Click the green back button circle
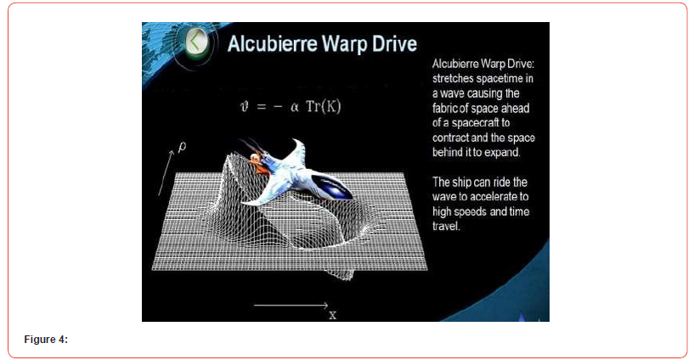[x=196, y=42]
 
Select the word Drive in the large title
[x=394, y=44]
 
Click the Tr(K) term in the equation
[x=324, y=107]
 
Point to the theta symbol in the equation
[x=245, y=107]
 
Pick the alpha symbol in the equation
[x=294, y=107]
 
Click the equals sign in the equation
[x=261, y=107]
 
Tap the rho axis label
[x=182, y=146]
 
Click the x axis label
[x=332, y=315]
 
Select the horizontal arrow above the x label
[x=291, y=305]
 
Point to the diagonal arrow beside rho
[x=166, y=172]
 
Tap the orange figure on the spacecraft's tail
[x=255, y=160]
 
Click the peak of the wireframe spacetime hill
[x=231, y=155]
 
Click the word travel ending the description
[x=446, y=226]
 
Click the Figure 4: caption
[x=46, y=340]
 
